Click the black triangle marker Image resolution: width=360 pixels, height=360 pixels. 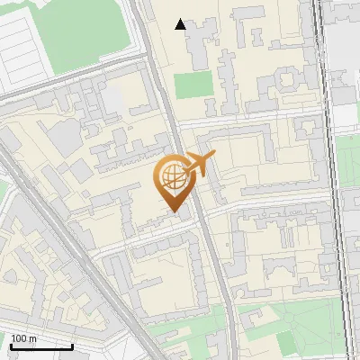pyautogui.click(x=181, y=24)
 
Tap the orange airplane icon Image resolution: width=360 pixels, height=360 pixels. pyautogui.click(x=201, y=165)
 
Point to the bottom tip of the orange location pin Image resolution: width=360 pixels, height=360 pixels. pyautogui.click(x=174, y=213)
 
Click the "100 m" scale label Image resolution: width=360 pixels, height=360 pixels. pyautogui.click(x=23, y=338)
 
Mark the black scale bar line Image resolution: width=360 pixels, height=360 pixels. pyautogui.click(x=41, y=346)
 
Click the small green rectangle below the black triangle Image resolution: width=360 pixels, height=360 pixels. pyautogui.click(x=193, y=85)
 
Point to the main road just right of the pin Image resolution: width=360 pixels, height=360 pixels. pyautogui.click(x=200, y=216)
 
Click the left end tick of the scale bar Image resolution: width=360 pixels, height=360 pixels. pyautogui.click(x=10, y=346)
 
